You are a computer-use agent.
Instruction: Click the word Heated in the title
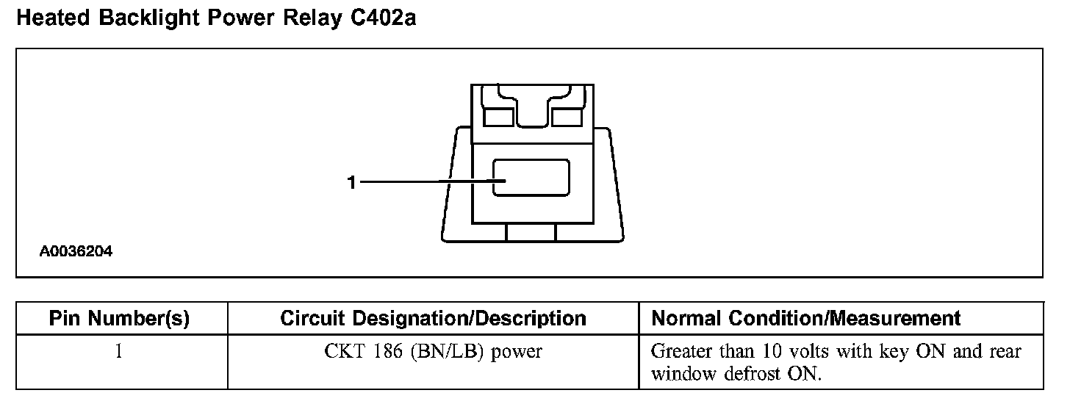(x=50, y=18)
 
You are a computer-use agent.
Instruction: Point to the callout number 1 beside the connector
(x=352, y=182)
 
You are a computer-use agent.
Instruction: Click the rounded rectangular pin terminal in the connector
(x=531, y=178)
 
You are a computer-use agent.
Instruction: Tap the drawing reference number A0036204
(x=76, y=251)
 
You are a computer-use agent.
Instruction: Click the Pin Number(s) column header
(x=119, y=318)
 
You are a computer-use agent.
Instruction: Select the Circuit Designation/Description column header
(x=433, y=318)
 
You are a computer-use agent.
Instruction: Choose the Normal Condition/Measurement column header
(x=806, y=318)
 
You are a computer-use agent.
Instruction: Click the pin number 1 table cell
(x=118, y=352)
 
